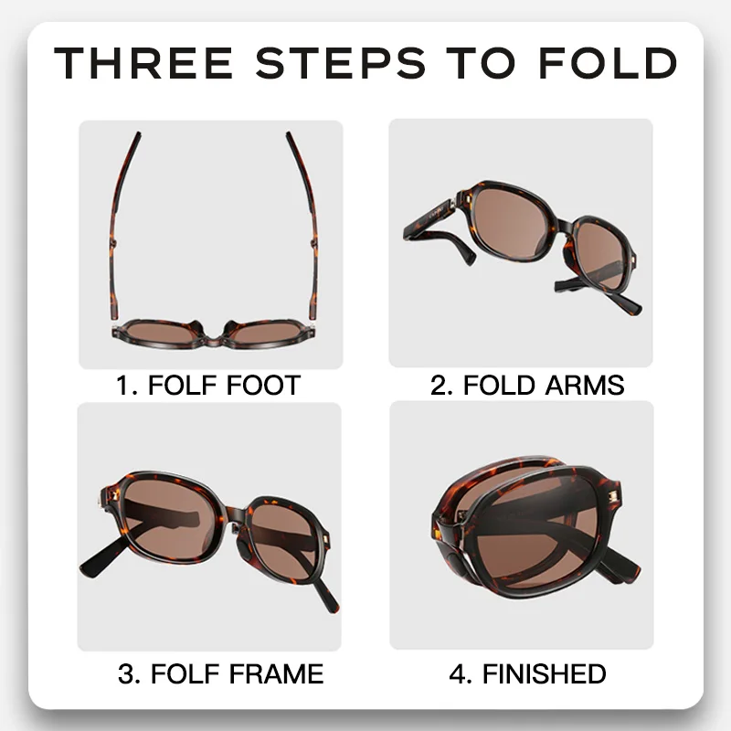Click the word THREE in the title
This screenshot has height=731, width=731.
point(142,63)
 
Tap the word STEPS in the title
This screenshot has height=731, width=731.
point(341,63)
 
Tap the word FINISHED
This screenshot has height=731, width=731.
point(544,674)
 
